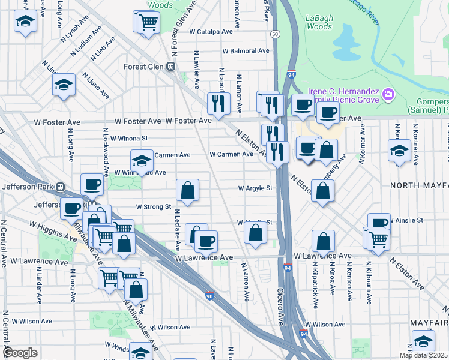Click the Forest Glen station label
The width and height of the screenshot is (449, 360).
pyautogui.click(x=145, y=67)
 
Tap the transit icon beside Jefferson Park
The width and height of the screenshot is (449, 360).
pyautogui.click(x=61, y=187)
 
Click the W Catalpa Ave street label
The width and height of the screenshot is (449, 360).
pyautogui.click(x=211, y=31)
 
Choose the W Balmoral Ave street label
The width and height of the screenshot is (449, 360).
pyautogui.click(x=245, y=51)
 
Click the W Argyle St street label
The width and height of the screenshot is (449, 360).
pyautogui.click(x=255, y=188)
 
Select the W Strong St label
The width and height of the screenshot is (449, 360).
pyautogui.click(x=154, y=207)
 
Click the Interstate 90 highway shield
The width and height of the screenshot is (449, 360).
pyautogui.click(x=209, y=296)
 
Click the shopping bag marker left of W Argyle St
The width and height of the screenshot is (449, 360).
pyautogui.click(x=188, y=190)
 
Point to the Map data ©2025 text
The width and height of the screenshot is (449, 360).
pyautogui.click(x=423, y=355)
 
